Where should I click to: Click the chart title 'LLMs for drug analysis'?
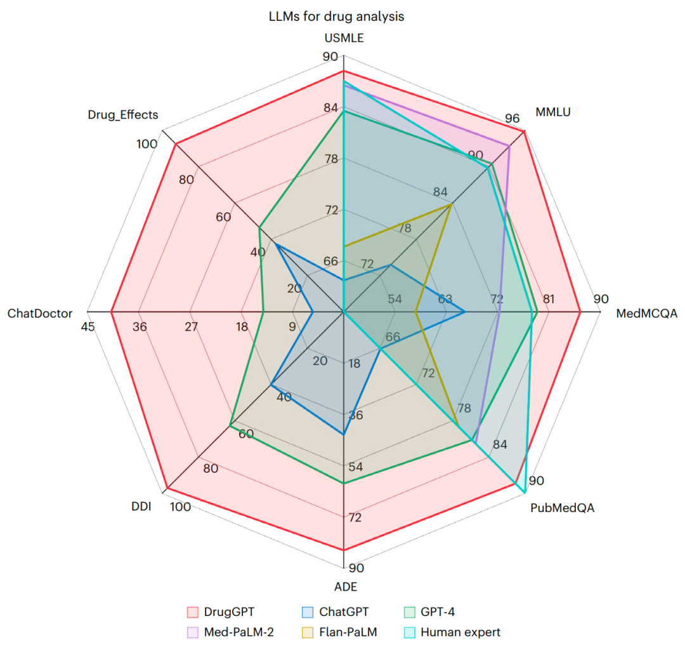point(336,16)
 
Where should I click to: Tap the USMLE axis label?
point(343,37)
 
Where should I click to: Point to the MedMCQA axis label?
point(646,313)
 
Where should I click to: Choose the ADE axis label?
point(343,587)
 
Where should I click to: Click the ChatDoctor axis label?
point(40,313)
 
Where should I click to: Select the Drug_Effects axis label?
point(123,115)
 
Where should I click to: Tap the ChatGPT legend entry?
point(343,612)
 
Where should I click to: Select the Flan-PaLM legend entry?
point(348,633)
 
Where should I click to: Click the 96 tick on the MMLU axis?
point(512,119)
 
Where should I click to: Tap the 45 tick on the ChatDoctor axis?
point(88,327)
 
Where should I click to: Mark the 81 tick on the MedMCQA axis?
point(549,299)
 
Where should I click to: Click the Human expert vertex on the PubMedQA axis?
point(525,492)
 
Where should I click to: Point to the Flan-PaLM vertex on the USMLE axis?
point(343,245)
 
